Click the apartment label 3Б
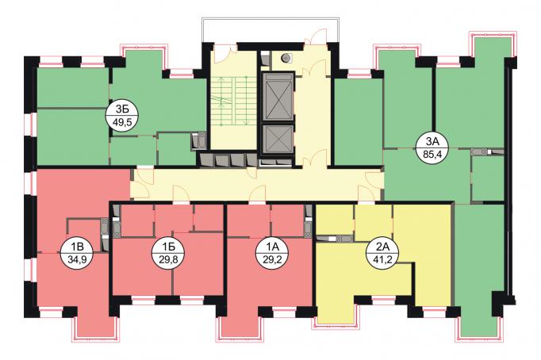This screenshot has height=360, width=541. click(x=122, y=109)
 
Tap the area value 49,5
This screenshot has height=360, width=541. click(x=122, y=122)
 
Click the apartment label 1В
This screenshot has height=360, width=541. click(x=77, y=247)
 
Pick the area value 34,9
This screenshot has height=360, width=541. click(x=77, y=259)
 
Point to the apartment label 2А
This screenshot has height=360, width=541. click(x=382, y=247)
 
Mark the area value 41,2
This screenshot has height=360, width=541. click(x=382, y=259)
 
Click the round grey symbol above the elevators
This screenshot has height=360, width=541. click(x=286, y=59)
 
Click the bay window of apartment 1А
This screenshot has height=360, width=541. click(x=241, y=326)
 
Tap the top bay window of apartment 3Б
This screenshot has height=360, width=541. click(x=144, y=57)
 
